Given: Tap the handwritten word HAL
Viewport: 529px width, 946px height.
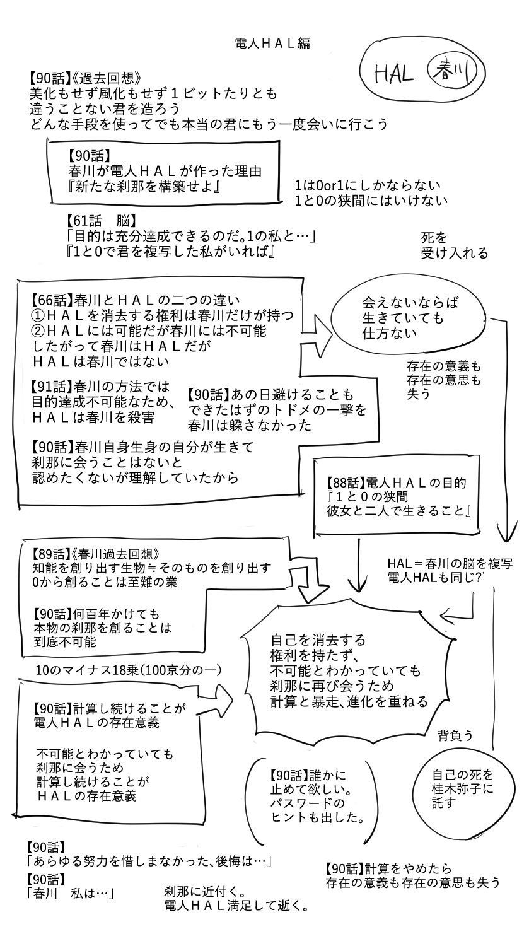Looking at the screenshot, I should coord(394,75).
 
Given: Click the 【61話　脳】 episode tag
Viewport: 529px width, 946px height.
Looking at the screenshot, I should coord(101,221).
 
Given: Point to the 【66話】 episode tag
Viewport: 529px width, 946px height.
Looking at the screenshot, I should coord(52,298).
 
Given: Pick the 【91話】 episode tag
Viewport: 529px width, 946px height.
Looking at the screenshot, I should coord(52,386).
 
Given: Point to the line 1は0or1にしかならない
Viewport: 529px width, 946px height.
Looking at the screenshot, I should coord(367,186).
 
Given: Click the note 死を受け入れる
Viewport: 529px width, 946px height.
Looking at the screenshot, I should coord(454,245).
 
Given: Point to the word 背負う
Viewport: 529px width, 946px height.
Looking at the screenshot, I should coord(455,735).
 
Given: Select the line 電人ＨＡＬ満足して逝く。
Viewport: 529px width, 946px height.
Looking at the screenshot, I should coord(236,907).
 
